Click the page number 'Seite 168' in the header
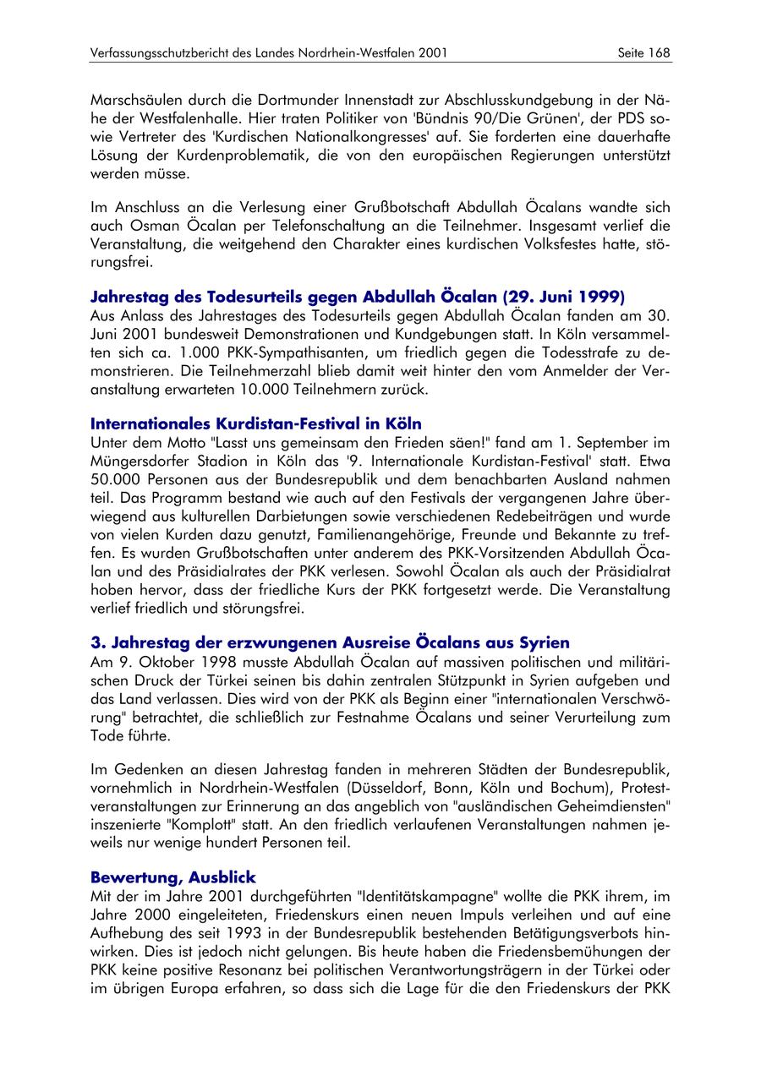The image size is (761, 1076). pos(644,52)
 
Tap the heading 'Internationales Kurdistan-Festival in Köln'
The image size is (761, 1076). pos(255,423)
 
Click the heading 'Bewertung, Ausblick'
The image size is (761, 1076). pos(172,877)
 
